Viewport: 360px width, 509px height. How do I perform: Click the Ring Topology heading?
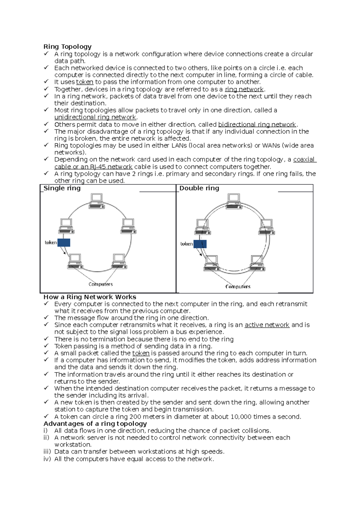tap(67, 46)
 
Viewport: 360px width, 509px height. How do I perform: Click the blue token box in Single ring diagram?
tap(64, 243)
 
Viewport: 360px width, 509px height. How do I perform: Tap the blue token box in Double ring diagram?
tap(200, 244)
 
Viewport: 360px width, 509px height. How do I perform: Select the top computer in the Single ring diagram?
tap(97, 201)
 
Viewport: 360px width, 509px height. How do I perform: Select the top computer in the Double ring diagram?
tap(233, 201)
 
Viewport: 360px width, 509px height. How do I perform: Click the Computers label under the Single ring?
tap(100, 284)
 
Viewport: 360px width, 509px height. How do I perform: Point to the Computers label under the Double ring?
tap(238, 287)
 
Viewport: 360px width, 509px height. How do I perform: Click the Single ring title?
tap(62, 188)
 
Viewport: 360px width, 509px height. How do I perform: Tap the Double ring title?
tap(199, 188)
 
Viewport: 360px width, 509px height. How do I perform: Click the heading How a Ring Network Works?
tap(90, 297)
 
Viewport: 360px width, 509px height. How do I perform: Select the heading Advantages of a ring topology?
tap(95, 424)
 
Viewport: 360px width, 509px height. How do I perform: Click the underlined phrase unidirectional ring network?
tap(95, 117)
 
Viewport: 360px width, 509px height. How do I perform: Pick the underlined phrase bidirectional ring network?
tap(257, 124)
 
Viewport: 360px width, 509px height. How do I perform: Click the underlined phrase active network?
tap(267, 325)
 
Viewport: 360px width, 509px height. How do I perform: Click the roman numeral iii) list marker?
tap(47, 451)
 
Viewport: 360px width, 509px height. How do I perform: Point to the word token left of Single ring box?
tap(50, 243)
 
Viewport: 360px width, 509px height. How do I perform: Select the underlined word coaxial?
tap(304, 159)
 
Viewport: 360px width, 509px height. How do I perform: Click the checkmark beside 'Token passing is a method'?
tap(46, 346)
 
